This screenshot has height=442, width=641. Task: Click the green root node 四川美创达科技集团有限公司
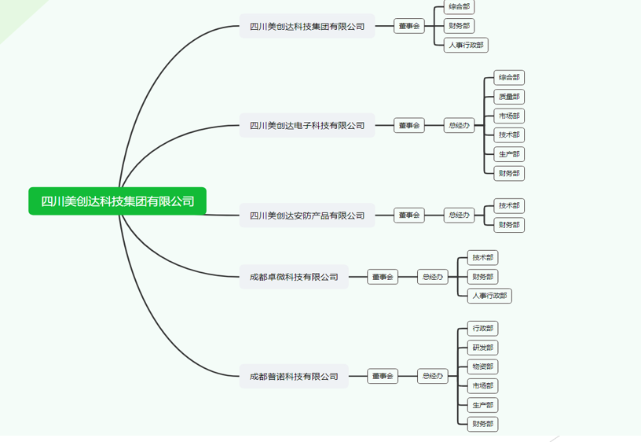(118, 201)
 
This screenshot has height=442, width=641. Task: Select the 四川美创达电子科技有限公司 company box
(307, 125)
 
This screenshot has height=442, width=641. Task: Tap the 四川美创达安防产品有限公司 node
(307, 215)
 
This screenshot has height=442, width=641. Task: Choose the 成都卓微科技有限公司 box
(294, 277)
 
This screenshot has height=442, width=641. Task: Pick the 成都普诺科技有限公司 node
(294, 377)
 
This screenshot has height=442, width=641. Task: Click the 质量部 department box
(509, 97)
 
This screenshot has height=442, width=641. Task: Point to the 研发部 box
(482, 348)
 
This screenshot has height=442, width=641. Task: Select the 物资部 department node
(482, 366)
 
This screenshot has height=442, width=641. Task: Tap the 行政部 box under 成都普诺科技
(482, 328)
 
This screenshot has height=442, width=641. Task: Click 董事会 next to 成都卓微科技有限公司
(383, 277)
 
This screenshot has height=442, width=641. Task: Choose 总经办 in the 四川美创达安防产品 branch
(459, 215)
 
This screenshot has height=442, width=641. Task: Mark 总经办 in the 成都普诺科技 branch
(432, 377)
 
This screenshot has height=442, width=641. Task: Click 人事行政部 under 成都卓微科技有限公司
(489, 296)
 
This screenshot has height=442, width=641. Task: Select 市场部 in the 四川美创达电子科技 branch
(509, 116)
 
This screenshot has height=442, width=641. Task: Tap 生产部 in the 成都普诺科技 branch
(482, 405)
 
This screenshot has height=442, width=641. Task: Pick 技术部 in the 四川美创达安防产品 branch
(509, 205)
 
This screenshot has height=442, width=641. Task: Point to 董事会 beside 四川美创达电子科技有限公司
(408, 125)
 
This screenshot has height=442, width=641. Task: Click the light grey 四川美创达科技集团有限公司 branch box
(307, 26)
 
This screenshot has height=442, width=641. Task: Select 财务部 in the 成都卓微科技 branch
(482, 277)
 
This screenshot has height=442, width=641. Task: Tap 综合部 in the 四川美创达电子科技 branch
(509, 77)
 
